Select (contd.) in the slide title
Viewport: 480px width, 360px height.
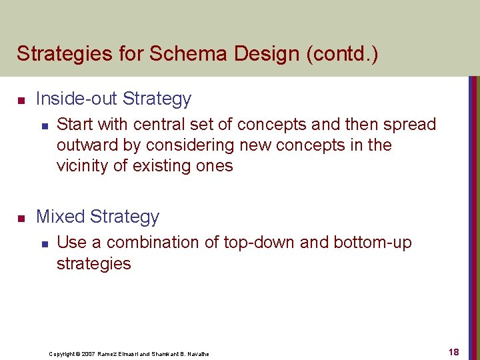[341, 53]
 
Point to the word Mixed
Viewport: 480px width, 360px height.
[60, 217]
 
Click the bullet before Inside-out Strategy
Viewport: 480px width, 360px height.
[21, 101]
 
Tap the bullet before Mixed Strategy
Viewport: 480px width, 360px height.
[21, 219]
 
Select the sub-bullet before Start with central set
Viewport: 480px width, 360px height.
[44, 125]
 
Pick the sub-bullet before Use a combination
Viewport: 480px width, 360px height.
[44, 243]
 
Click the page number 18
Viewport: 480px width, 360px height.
[453, 351]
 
